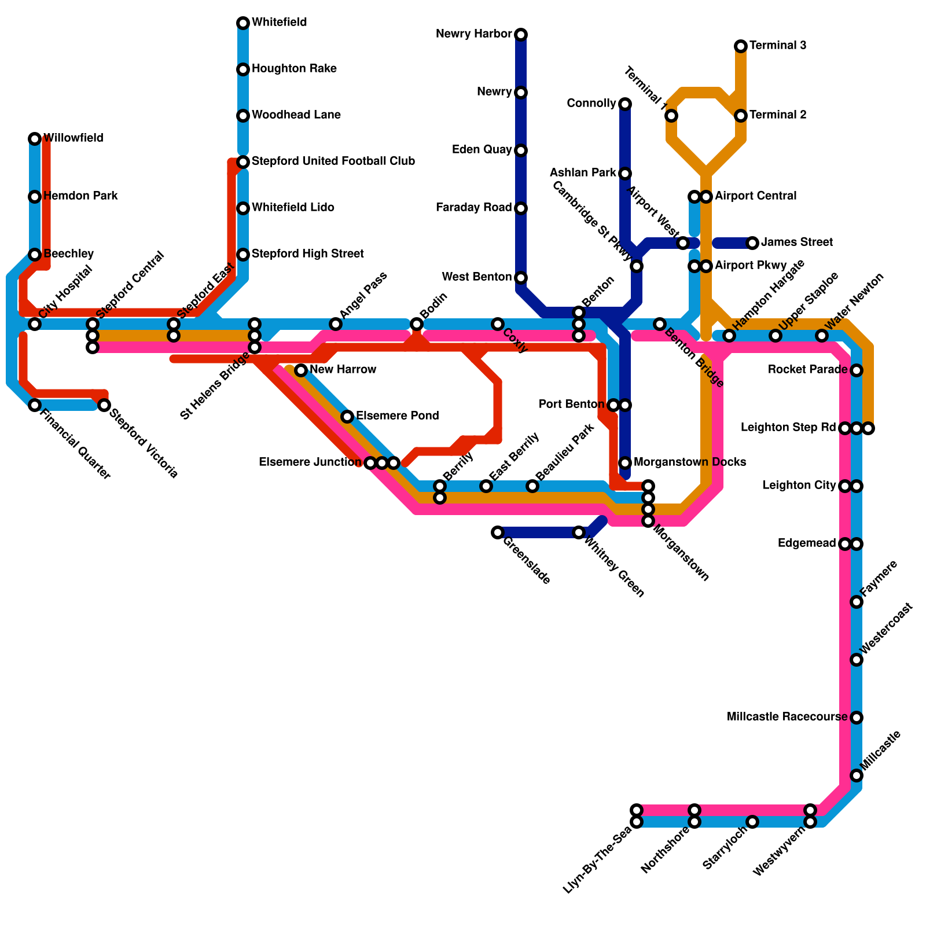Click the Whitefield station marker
coord(243,23)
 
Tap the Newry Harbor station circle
coord(521,35)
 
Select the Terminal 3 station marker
coord(741,46)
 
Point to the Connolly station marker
coord(625,104)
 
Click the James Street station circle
coord(752,243)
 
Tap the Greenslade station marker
coord(498,532)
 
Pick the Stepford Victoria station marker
coord(104,405)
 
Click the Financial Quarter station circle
coord(35,405)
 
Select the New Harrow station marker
coord(301,370)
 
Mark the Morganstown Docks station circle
coord(625,463)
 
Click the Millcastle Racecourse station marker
coord(857,718)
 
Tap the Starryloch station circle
coord(752,822)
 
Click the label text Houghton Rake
coord(294,69)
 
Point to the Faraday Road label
coord(474,208)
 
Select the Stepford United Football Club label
coord(333,161)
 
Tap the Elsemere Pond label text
coord(397,416)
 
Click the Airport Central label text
coord(755,196)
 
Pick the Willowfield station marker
coord(35,139)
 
